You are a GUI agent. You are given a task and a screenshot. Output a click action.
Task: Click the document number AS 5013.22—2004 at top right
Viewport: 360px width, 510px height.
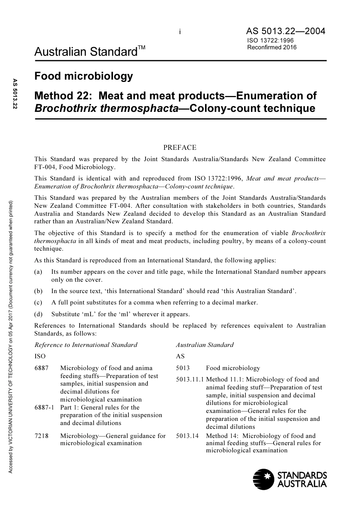coord(285,31)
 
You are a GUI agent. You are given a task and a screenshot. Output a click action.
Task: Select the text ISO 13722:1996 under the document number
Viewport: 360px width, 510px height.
coord(270,41)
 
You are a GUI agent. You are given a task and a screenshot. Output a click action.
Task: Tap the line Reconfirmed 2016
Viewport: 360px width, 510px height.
coord(272,47)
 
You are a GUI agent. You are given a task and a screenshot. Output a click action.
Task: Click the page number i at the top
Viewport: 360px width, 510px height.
coord(180,32)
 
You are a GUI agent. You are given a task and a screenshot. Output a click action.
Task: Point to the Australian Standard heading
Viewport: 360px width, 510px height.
coord(86,52)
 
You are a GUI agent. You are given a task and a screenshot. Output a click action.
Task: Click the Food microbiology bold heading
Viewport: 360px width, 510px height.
coord(84,76)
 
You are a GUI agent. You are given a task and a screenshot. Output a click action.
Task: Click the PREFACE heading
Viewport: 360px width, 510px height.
coord(180,148)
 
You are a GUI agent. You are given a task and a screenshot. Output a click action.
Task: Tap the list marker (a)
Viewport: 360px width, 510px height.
coord(38,272)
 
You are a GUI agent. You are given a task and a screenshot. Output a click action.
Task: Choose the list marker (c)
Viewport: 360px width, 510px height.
coord(38,303)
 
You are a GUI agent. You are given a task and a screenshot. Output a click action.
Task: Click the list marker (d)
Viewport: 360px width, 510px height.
coord(38,314)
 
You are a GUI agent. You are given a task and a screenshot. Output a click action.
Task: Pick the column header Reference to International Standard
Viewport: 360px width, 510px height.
coord(86,345)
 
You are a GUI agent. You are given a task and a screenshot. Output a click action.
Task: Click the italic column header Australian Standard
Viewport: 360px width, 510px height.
coord(205,345)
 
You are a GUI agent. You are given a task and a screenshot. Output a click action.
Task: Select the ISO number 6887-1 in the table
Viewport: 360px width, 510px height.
coord(44,408)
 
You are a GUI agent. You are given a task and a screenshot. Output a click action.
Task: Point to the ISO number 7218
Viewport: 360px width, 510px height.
coord(41,436)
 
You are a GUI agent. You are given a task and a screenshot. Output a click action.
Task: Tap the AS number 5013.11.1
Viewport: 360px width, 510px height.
coord(190,380)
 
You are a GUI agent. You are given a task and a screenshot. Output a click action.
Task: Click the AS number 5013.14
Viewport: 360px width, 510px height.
coord(187,436)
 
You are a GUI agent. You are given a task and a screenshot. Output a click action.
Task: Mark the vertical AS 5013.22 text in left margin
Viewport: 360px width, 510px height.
coord(15,94)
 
